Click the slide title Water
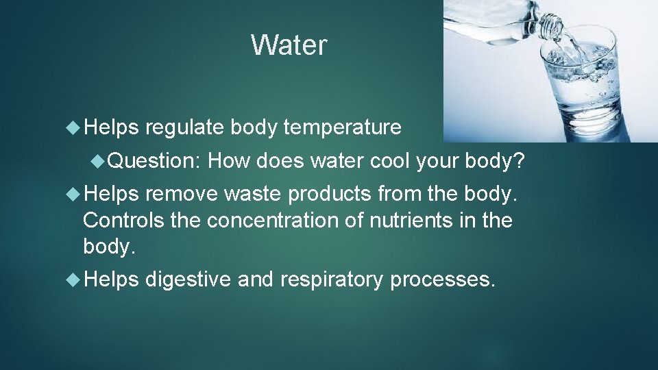pyautogui.click(x=289, y=45)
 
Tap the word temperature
pyautogui.click(x=342, y=127)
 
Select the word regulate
pyautogui.click(x=184, y=127)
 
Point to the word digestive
pyautogui.click(x=187, y=280)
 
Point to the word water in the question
pyautogui.click(x=338, y=162)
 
